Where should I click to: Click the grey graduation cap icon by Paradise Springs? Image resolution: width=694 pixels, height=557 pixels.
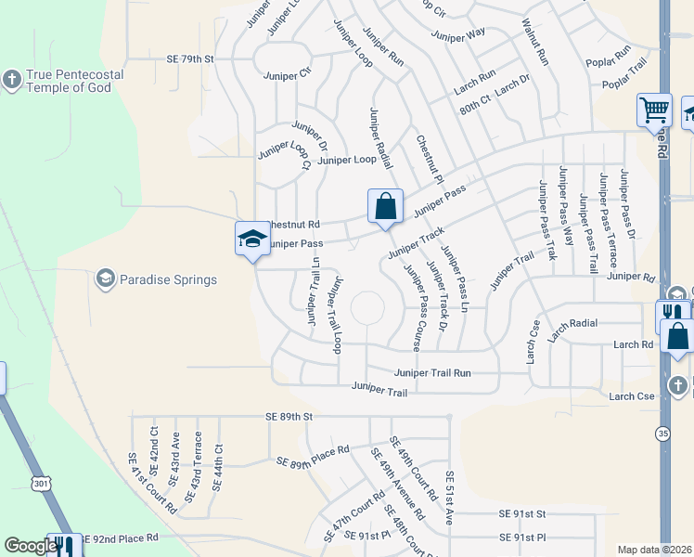click(x=105, y=278)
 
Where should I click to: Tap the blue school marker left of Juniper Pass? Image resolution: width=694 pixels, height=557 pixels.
click(x=252, y=240)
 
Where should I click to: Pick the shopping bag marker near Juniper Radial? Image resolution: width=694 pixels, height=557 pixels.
click(x=385, y=207)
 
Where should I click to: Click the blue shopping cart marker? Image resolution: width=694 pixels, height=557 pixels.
click(x=654, y=110)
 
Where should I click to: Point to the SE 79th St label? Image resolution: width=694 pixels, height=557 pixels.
click(x=190, y=58)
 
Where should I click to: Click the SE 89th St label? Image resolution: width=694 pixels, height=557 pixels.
click(x=290, y=417)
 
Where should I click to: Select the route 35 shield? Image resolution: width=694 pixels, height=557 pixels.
click(x=662, y=434)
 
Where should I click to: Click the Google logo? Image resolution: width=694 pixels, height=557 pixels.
click(x=31, y=546)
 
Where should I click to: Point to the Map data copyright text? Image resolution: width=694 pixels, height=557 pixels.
click(x=654, y=550)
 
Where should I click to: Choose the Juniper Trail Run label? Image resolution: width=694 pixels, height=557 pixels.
click(x=432, y=373)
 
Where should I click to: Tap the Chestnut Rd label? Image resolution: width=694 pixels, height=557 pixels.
click(x=293, y=225)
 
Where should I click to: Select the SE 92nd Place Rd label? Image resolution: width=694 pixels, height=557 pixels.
click(x=121, y=538)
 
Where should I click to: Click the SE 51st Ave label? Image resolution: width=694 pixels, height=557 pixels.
click(x=450, y=489)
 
